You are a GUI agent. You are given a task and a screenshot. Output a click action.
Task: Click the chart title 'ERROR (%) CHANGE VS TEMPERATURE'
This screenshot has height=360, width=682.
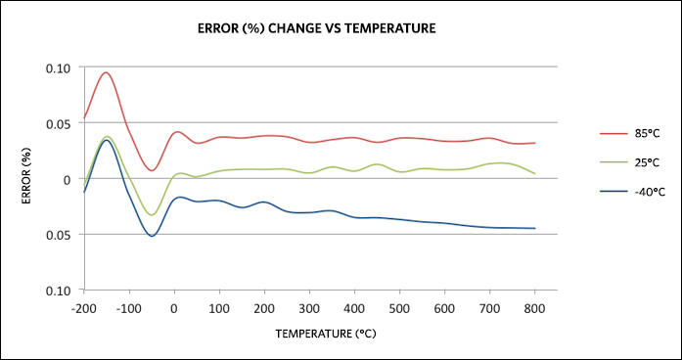(x=317, y=29)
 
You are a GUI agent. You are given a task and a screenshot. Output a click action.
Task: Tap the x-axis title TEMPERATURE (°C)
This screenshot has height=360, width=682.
(x=326, y=334)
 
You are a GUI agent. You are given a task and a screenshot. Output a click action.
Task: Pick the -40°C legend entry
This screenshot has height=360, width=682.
(x=631, y=192)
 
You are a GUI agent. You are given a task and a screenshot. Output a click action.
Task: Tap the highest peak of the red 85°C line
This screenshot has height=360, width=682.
(x=106, y=72)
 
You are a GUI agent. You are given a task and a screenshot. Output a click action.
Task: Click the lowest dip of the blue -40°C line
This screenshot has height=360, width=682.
(x=152, y=236)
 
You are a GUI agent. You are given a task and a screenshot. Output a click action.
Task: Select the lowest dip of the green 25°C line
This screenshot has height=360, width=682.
(x=152, y=215)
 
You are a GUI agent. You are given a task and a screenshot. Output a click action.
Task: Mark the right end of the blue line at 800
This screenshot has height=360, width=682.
(x=534, y=228)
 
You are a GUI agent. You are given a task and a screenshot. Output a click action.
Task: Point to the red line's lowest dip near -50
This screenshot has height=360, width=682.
(x=152, y=170)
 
